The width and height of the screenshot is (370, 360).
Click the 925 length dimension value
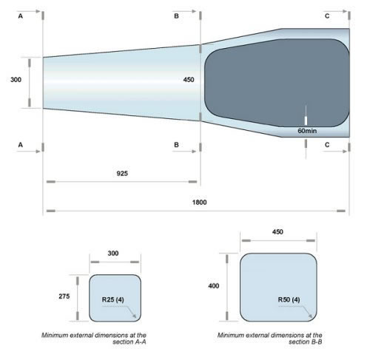tap(122, 173)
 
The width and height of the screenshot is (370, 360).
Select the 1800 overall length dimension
tap(200, 202)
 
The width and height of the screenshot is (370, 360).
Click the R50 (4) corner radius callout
tap(289, 299)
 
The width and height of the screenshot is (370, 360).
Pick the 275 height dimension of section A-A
tap(64, 296)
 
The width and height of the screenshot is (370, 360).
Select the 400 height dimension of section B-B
tap(214, 285)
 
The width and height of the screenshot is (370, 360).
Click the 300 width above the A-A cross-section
tap(113, 253)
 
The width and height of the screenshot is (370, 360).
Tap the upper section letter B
tap(175, 15)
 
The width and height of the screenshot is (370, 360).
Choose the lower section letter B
tap(175, 145)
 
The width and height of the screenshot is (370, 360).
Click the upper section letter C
tap(328, 15)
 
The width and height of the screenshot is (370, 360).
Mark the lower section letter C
tap(328, 145)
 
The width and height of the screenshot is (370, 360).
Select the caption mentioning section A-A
tap(114, 339)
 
